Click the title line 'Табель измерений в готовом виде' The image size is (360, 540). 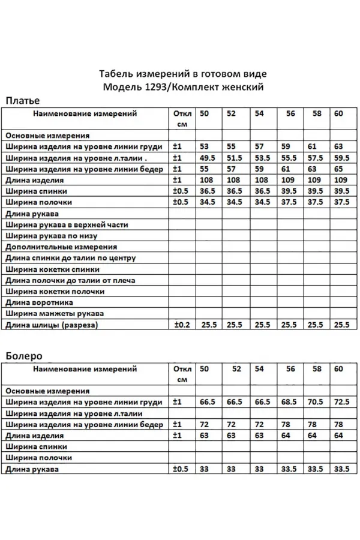[x=182, y=74]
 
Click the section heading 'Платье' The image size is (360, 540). [x=22, y=100]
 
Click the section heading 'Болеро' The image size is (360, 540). [x=23, y=355]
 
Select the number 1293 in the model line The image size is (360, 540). [x=151, y=86]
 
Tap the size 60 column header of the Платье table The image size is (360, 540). [x=338, y=113]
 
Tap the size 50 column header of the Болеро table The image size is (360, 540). [x=205, y=368]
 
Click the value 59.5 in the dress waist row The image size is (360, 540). [x=341, y=158]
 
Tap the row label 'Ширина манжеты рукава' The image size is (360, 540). [x=54, y=314]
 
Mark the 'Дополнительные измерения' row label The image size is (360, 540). [x=61, y=247]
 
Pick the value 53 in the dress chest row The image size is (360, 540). [x=205, y=146]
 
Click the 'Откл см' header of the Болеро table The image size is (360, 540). [x=182, y=374]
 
